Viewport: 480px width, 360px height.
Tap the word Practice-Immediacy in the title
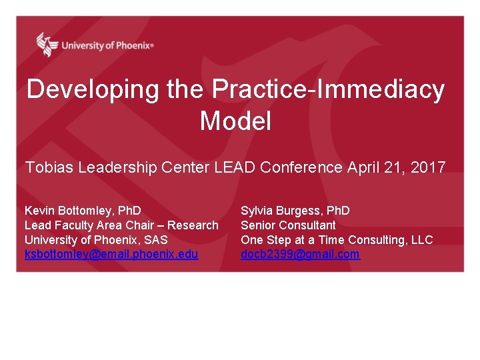pyautogui.click(x=329, y=89)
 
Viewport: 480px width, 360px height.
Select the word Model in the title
pyautogui.click(x=235, y=121)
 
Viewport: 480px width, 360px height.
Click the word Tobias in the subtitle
pyautogui.click(x=49, y=167)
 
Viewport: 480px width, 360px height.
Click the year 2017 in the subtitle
pyautogui.click(x=428, y=167)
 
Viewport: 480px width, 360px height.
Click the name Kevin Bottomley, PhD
pyautogui.click(x=83, y=211)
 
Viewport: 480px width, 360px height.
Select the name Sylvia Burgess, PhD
pyautogui.click(x=295, y=211)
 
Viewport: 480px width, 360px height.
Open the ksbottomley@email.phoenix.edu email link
pyautogui.click(x=111, y=254)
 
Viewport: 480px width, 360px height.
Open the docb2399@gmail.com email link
pyautogui.click(x=300, y=254)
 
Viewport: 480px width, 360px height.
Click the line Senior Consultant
pyautogui.click(x=288, y=225)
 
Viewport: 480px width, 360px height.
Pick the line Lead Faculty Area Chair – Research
pyautogui.click(x=121, y=225)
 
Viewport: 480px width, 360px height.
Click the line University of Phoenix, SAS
pyautogui.click(x=96, y=239)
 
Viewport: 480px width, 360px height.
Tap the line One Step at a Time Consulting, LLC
pyautogui.click(x=337, y=239)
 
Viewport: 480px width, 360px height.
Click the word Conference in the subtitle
pyautogui.click(x=301, y=167)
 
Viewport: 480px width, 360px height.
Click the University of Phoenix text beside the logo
pyautogui.click(x=107, y=45)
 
